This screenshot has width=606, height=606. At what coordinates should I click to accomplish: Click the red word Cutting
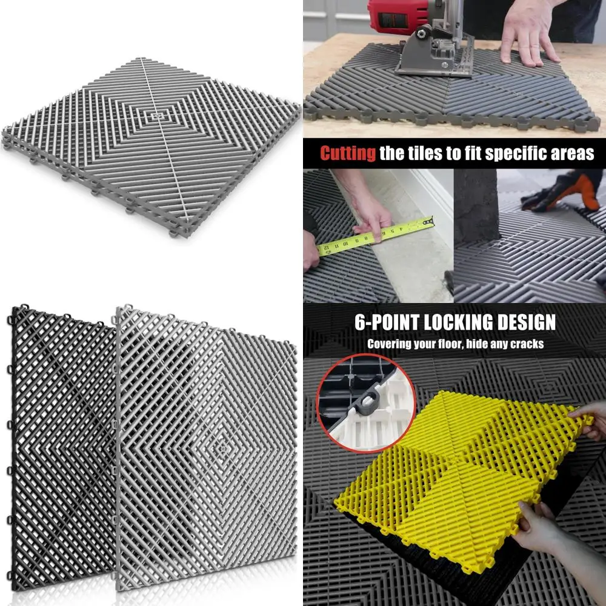[347, 153]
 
